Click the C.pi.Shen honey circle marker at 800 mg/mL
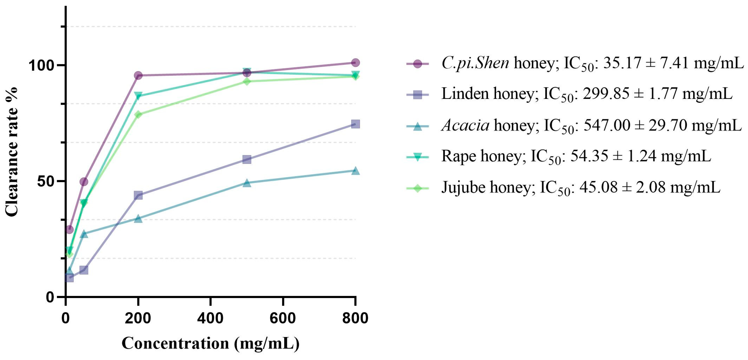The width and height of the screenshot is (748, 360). coord(355,62)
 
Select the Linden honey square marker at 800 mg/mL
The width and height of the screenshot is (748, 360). coord(355,124)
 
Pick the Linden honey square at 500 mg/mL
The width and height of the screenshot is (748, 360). coord(246,159)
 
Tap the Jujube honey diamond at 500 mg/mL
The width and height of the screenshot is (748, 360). coord(246,81)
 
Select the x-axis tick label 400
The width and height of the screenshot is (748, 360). coord(210,318)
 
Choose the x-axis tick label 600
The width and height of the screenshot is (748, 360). coord(282,318)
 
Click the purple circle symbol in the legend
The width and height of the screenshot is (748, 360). coord(417,64)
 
